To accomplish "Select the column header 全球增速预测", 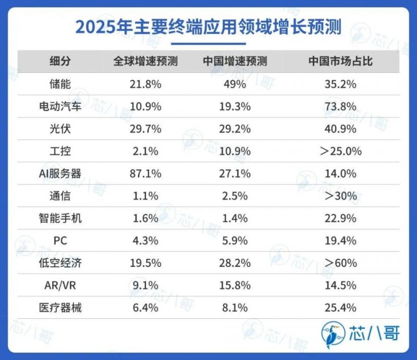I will click(145, 61).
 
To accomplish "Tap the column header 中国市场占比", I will click(340, 61).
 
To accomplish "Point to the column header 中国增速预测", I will click(235, 61).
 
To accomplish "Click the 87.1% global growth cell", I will click(145, 173).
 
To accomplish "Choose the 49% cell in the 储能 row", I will click(235, 84).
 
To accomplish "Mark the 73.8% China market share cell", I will click(340, 106).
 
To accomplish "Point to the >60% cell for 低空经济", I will click(340, 263).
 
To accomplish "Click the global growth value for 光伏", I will click(145, 129).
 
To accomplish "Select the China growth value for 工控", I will click(235, 151).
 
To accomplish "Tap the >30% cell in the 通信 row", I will click(340, 196).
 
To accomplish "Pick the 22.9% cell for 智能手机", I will click(340, 218).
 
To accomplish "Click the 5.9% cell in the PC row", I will click(235, 241).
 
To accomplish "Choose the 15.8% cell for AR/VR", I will click(235, 285).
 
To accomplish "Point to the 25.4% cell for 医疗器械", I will click(340, 308).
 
